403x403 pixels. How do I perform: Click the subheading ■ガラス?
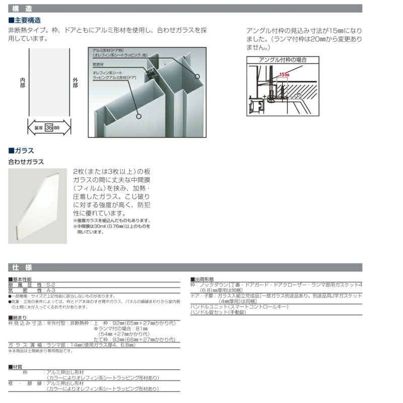pos(22,151)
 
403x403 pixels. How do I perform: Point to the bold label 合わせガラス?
pos(26,162)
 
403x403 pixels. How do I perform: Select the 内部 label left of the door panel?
pos(22,83)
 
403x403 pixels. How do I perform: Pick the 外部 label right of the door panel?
pos(76,83)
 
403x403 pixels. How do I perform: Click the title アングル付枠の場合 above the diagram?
pos(283,59)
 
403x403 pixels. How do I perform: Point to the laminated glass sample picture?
pos(37,206)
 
